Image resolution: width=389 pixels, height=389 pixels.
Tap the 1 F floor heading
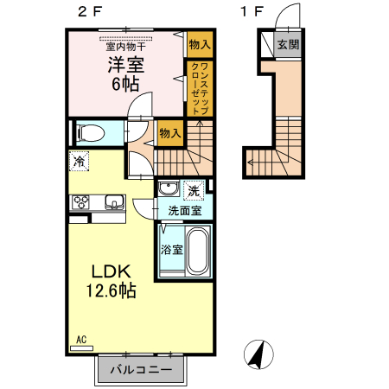coord(252,13)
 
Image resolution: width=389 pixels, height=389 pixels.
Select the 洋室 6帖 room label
coord(124,74)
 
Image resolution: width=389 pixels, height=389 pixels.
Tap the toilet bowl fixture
coord(88,133)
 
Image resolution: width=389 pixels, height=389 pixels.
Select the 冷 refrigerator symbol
coord(79,162)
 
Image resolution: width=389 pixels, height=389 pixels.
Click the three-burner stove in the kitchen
coord(81,203)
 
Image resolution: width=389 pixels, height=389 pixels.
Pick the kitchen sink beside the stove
coord(112,203)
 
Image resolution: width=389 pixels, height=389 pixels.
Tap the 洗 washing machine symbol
coord(194,190)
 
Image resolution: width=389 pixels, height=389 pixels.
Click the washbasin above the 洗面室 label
coord(168,190)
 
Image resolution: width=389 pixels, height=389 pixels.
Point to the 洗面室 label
coord(183,210)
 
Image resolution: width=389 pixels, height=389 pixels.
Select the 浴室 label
coord(171,250)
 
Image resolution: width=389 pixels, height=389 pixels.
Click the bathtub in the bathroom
coord(197,251)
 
